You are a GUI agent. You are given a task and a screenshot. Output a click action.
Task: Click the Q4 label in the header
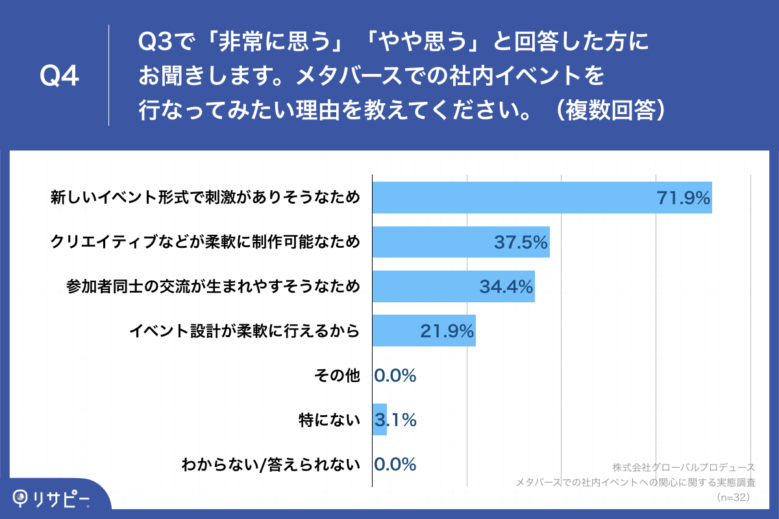pyautogui.click(x=59, y=77)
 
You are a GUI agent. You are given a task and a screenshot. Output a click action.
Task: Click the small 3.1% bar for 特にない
pyautogui.click(x=380, y=420)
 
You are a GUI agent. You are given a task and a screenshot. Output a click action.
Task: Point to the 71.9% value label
pyautogui.click(x=684, y=198)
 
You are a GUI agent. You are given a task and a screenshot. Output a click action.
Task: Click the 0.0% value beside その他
pyautogui.click(x=395, y=376)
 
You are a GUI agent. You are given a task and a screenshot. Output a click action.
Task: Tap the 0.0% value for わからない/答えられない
pyautogui.click(x=395, y=465)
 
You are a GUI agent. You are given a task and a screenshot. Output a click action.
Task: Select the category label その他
pyautogui.click(x=336, y=376)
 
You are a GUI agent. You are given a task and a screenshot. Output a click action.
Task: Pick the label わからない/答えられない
pyautogui.click(x=271, y=465)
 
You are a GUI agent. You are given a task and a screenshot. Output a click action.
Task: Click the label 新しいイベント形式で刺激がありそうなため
pyautogui.click(x=205, y=198)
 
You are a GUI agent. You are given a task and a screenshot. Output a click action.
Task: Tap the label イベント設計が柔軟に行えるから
pyautogui.click(x=245, y=332)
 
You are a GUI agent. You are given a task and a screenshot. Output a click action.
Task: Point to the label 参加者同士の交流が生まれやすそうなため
pyautogui.click(x=213, y=287)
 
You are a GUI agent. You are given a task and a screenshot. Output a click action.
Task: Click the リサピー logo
pyautogui.click(x=52, y=498)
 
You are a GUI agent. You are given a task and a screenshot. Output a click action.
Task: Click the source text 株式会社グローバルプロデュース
pyautogui.click(x=684, y=467)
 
